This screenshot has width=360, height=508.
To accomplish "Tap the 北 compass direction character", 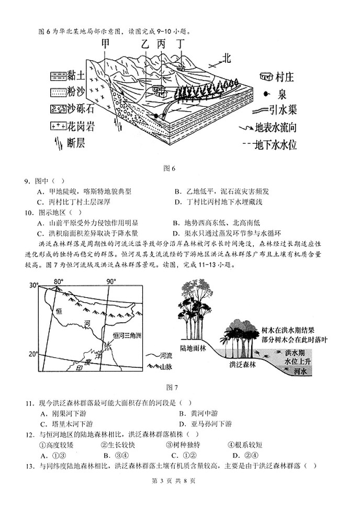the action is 226,57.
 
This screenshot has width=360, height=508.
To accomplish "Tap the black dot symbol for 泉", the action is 266,94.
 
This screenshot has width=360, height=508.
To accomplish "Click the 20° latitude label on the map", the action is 33,354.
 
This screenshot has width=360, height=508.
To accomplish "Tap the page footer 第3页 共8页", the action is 179,480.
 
